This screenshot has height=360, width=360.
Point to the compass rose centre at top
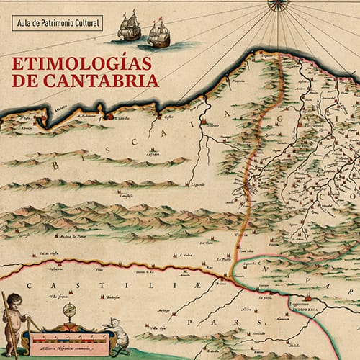pyautogui.click(x=276, y=3)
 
